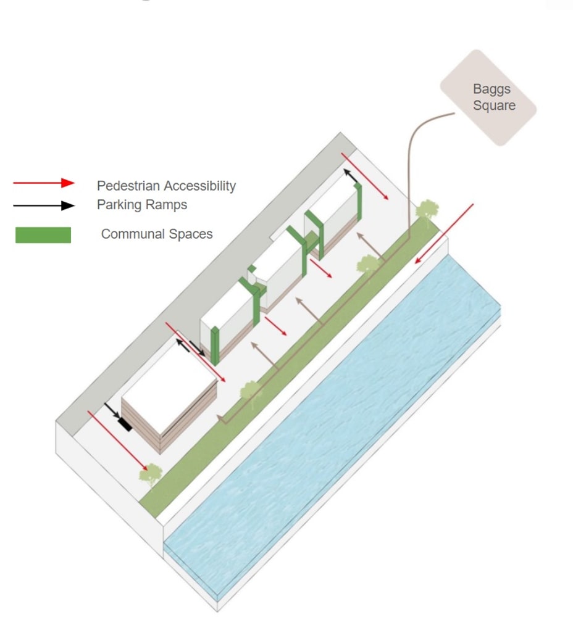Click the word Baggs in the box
click(x=492, y=89)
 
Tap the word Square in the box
click(x=494, y=106)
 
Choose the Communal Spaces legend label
click(x=156, y=234)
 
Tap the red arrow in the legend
click(x=43, y=183)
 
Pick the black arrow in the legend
click(x=43, y=206)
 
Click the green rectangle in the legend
click(x=43, y=235)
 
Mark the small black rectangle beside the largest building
click(x=126, y=424)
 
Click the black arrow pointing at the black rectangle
click(x=114, y=413)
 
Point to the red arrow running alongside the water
click(x=444, y=233)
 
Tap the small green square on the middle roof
click(x=251, y=268)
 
